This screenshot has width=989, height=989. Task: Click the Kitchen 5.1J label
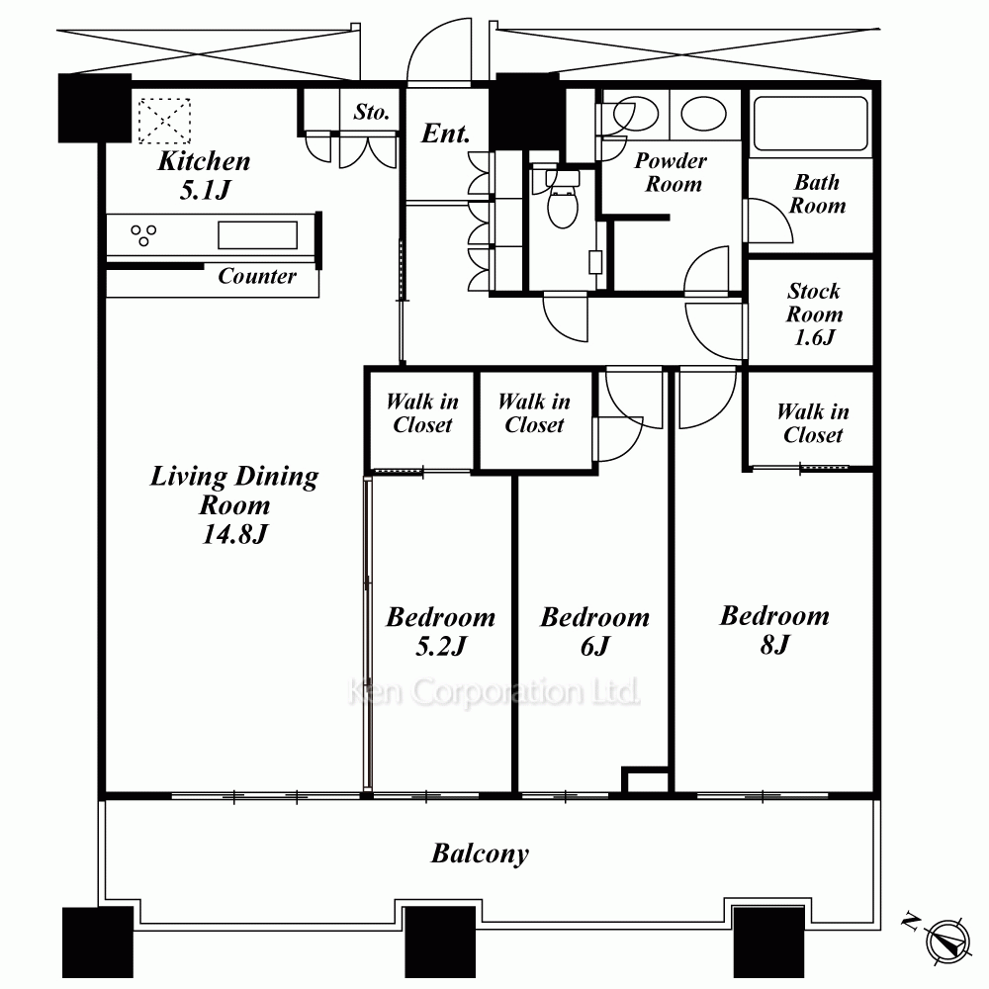[204, 175]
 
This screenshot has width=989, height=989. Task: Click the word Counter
[257, 276]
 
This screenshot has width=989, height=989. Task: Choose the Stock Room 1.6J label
[814, 315]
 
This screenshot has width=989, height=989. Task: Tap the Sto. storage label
[371, 112]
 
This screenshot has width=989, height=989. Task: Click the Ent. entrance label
[446, 134]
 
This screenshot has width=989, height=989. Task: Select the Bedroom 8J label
[774, 629]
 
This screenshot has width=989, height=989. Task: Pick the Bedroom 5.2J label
[440, 631]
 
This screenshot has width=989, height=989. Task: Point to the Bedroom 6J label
[594, 631]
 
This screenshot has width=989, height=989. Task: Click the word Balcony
[480, 854]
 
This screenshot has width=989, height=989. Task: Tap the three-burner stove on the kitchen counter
[143, 234]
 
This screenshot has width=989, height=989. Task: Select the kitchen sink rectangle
[257, 235]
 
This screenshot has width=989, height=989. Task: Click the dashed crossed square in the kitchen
[164, 121]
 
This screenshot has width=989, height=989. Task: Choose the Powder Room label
[671, 172]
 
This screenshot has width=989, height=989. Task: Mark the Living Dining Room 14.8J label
[234, 504]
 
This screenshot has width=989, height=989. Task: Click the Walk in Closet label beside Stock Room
[812, 423]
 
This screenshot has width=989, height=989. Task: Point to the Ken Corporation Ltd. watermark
[494, 692]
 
